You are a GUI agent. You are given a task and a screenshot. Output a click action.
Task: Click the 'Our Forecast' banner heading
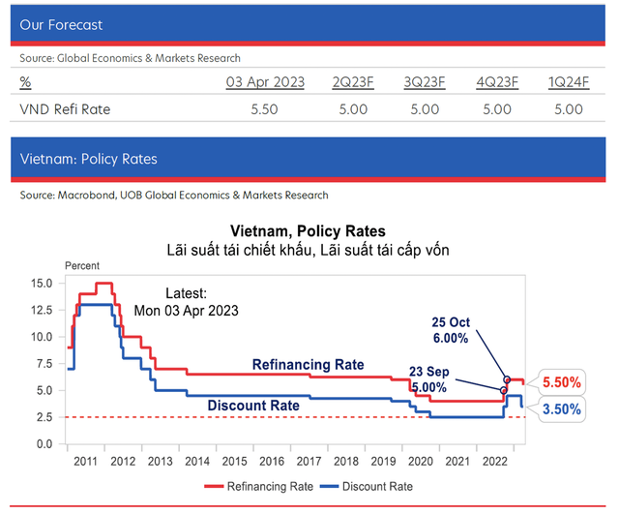point(61,24)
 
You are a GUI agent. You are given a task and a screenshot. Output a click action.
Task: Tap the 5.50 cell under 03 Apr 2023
point(264,109)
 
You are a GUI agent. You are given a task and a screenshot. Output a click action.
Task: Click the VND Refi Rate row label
point(65,109)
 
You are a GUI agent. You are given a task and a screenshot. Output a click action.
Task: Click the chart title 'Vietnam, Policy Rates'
point(308,232)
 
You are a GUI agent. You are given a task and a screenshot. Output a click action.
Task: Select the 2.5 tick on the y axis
point(44,417)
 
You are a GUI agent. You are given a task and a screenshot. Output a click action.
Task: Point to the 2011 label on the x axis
point(83,462)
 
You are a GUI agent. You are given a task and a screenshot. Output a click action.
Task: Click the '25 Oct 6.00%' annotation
point(450,330)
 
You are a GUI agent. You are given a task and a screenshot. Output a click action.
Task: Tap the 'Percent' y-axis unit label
point(81,265)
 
